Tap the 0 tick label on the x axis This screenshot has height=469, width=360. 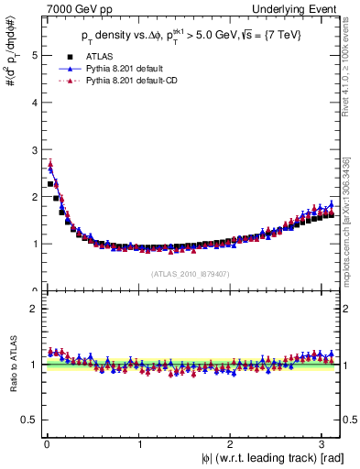click(x=46, y=445)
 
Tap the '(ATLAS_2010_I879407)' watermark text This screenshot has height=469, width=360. click(x=190, y=274)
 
